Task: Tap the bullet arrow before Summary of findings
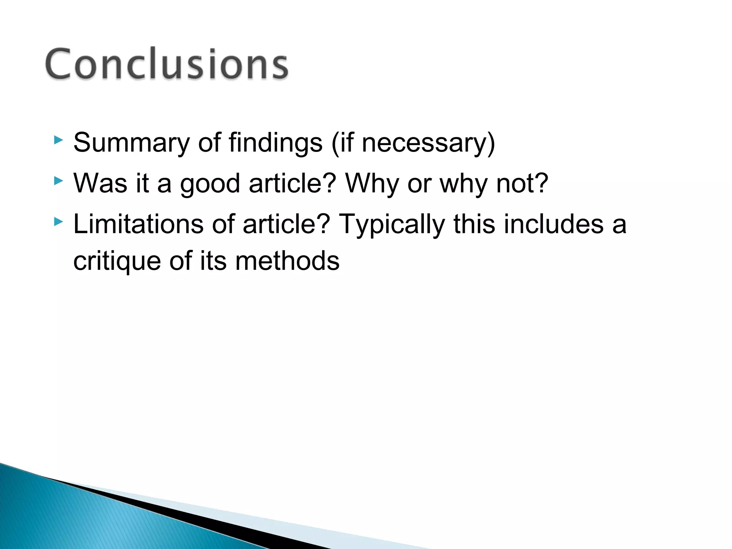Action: point(58,140)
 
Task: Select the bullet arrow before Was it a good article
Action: point(58,181)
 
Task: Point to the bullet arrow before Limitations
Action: point(58,222)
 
